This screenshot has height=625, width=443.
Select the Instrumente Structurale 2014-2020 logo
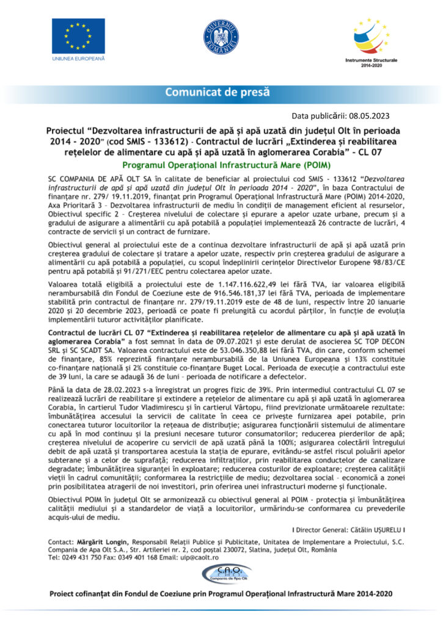[x=372, y=38]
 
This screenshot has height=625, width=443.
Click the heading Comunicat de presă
[x=221, y=93]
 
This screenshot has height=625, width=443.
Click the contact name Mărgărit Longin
[x=101, y=541]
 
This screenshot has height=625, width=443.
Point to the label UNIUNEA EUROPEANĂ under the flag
[x=78, y=58]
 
